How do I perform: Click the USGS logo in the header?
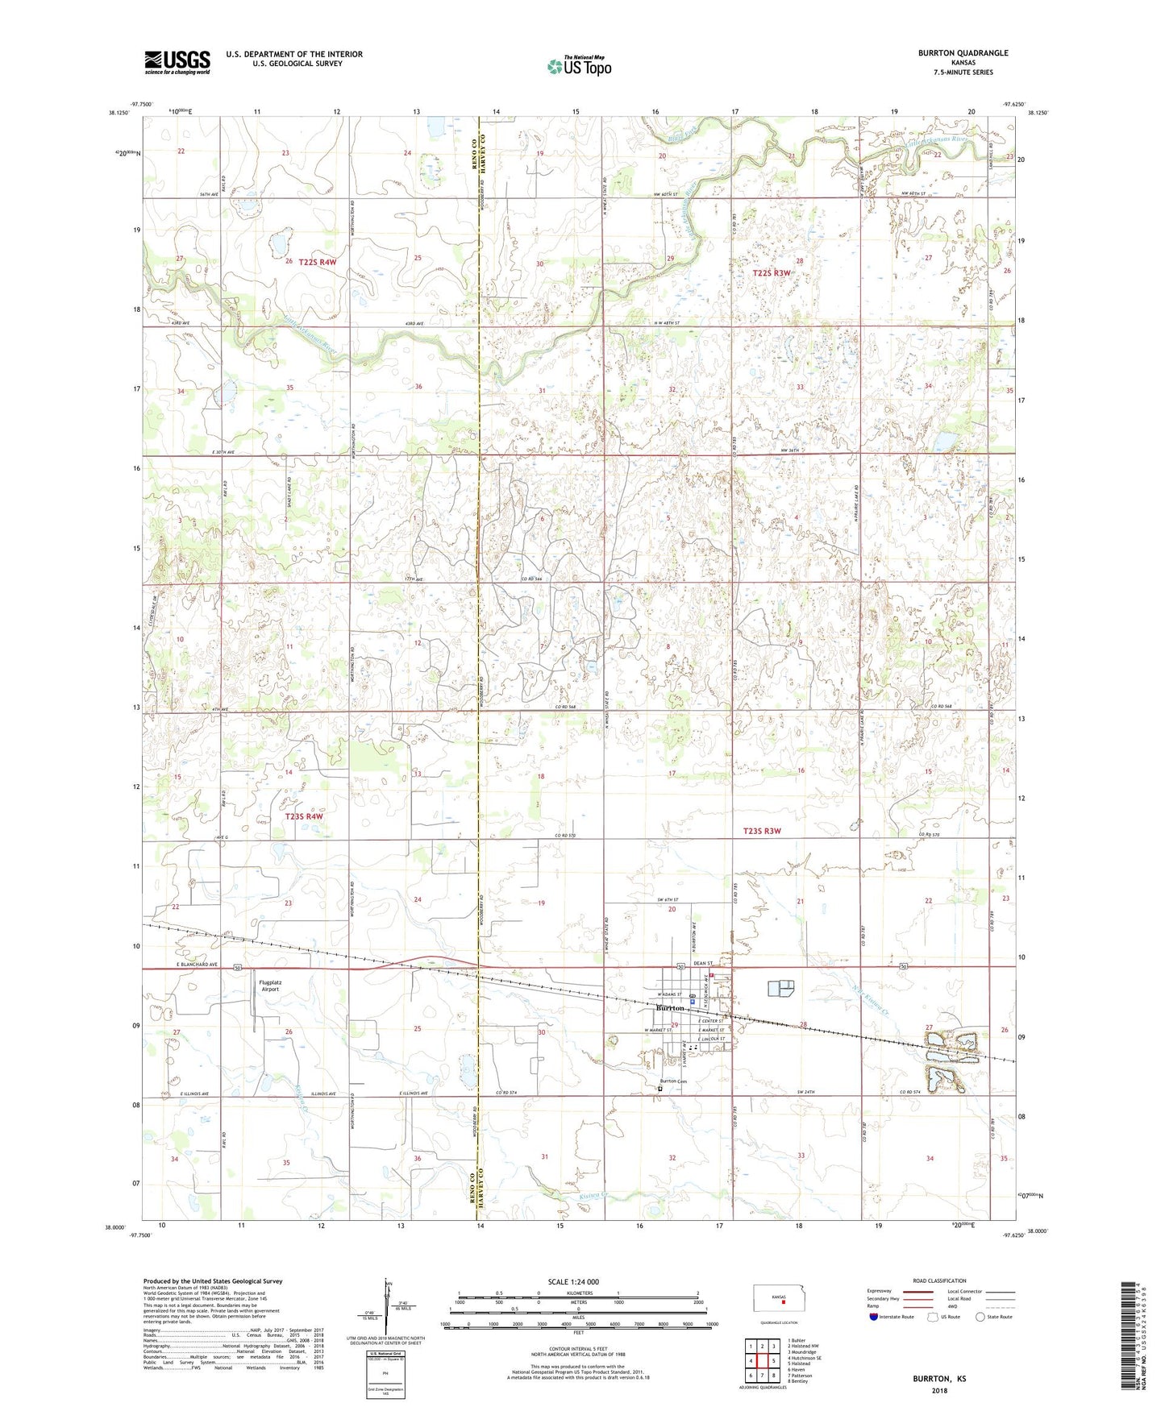177,61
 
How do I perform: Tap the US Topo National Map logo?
578,65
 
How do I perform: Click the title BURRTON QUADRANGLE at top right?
963,53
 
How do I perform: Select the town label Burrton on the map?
670,1008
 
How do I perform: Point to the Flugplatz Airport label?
269,985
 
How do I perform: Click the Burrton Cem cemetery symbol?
659,1089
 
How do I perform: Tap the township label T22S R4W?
317,262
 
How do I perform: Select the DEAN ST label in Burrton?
703,963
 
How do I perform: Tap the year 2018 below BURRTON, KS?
938,1390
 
